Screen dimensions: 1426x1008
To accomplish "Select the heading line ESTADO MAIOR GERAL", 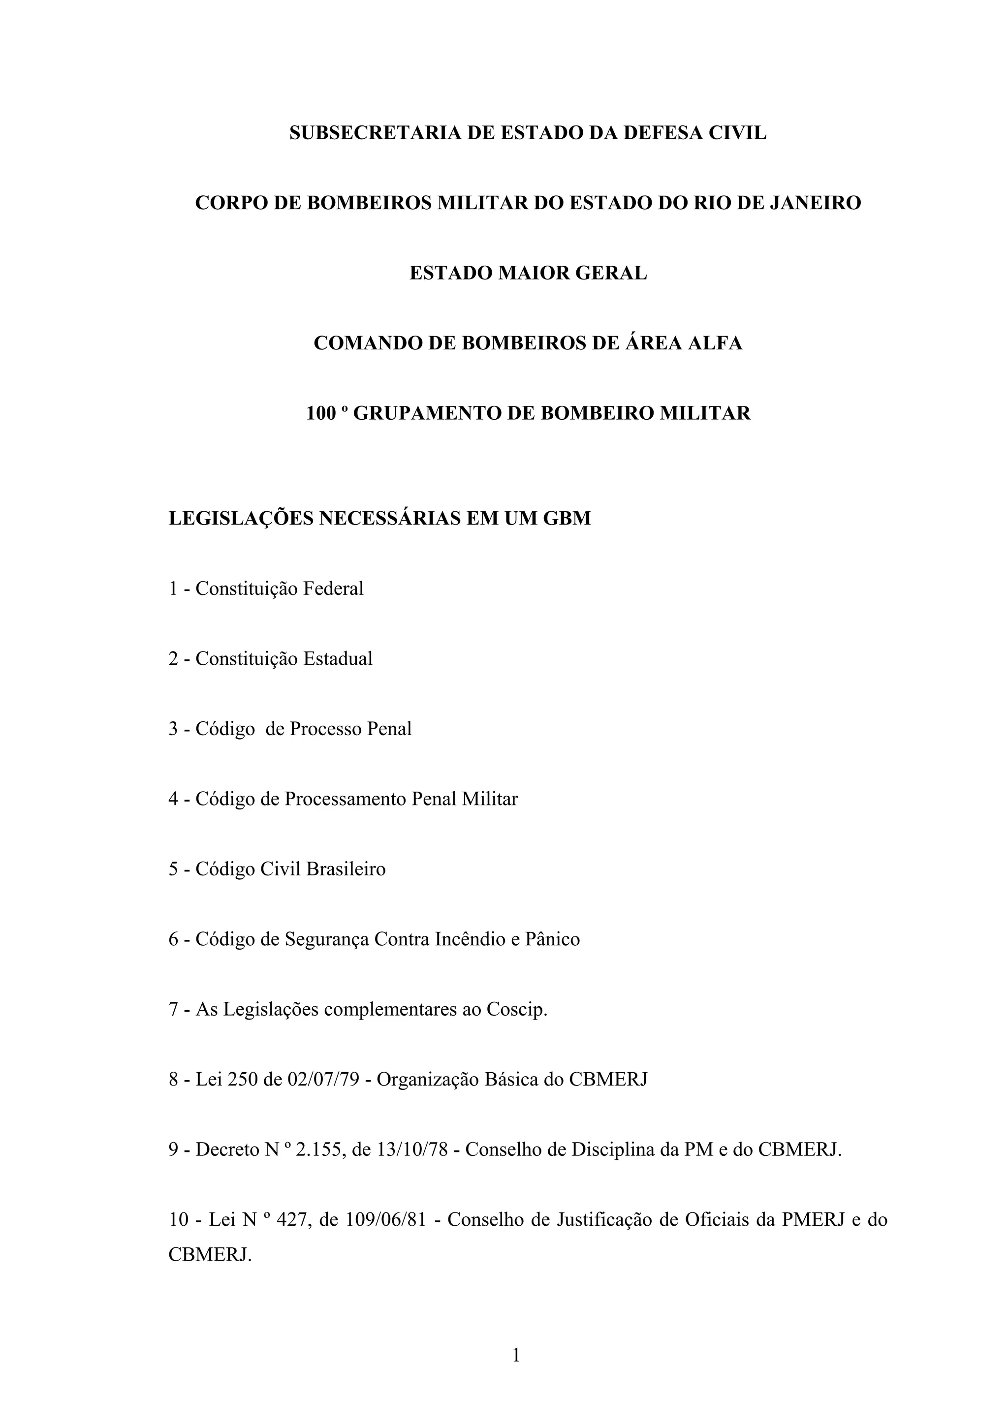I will coord(528,273).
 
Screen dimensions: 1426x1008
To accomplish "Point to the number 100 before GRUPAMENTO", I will coord(321,414).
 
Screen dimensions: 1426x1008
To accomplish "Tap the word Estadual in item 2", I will coord(337,658).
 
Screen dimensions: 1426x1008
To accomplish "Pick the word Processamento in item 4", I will coord(346,799).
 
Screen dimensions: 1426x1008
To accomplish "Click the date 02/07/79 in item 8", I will coord(323,1080).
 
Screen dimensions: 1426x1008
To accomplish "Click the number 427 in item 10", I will coord(289,1220).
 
